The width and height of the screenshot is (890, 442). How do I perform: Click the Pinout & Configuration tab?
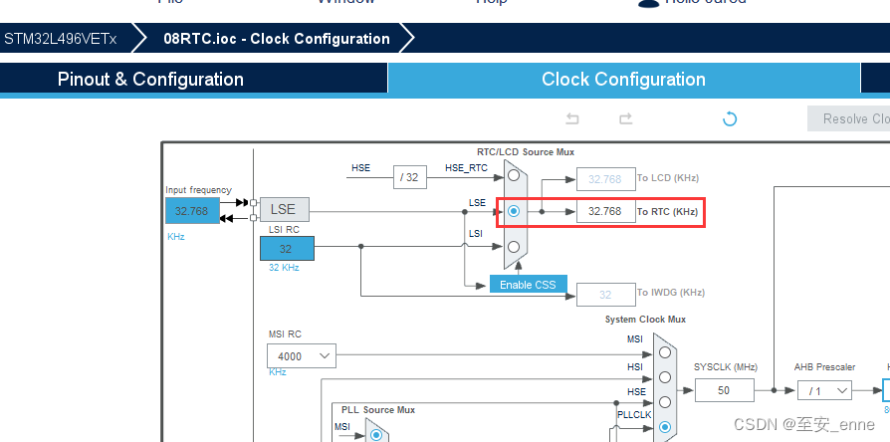click(150, 80)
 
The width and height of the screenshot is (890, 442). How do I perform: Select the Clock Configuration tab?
click(623, 80)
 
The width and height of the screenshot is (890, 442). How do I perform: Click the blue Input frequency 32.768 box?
click(191, 211)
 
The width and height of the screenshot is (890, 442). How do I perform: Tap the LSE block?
click(284, 210)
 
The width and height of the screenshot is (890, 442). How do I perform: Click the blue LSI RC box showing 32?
click(286, 249)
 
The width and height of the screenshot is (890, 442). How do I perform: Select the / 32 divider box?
click(409, 177)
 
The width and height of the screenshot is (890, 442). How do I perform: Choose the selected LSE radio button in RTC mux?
click(514, 211)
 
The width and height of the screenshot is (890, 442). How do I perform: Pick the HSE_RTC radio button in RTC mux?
click(514, 176)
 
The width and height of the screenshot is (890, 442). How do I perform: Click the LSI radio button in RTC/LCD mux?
click(514, 246)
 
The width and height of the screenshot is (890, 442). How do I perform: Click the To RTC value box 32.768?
click(605, 211)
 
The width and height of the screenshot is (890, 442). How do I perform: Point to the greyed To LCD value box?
click(605, 179)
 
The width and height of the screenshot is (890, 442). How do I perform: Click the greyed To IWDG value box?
click(605, 295)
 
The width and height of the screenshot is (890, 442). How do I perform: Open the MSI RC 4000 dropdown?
click(301, 355)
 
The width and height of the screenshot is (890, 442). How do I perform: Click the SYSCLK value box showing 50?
click(724, 390)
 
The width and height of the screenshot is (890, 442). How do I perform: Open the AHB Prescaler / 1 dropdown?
click(828, 390)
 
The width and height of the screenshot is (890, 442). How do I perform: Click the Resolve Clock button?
click(851, 119)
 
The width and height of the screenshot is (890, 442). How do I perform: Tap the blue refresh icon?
click(730, 119)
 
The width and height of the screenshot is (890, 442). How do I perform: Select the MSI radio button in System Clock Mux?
click(664, 351)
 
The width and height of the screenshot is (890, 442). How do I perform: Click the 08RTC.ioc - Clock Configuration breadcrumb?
click(277, 39)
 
